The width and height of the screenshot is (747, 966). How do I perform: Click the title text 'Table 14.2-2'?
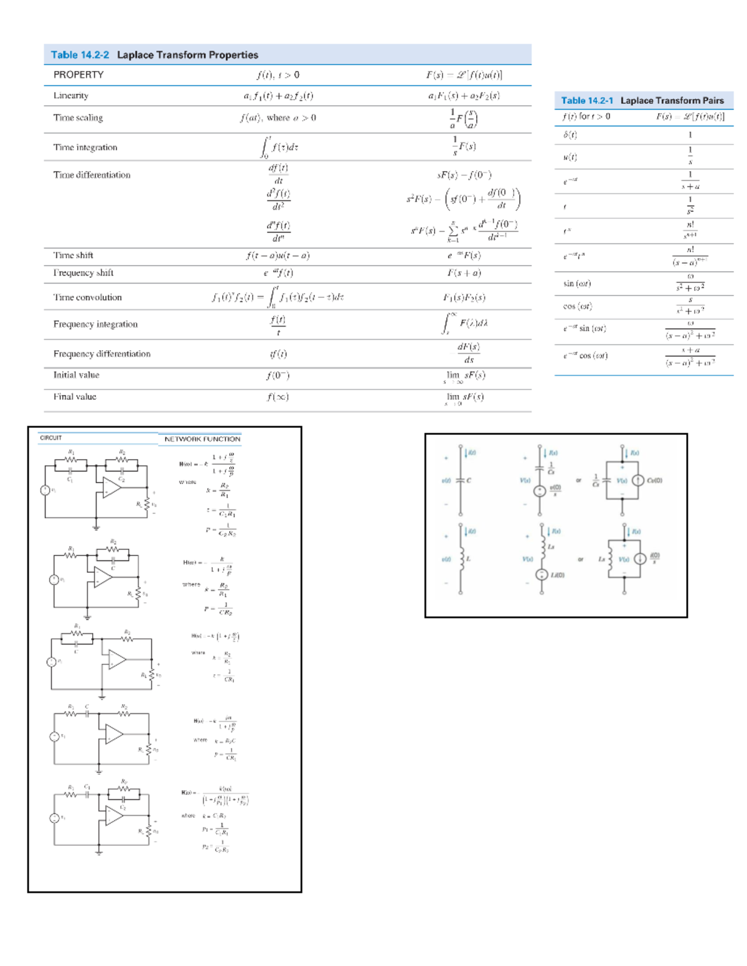(80, 55)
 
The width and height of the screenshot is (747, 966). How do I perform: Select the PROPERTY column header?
(78, 75)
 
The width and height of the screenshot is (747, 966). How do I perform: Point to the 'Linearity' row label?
(71, 96)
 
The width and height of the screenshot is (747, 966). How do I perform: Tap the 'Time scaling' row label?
(78, 118)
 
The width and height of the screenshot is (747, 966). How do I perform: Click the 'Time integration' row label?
(85, 147)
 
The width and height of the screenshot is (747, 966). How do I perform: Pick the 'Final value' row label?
(75, 397)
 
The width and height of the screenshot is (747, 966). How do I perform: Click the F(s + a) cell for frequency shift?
(464, 273)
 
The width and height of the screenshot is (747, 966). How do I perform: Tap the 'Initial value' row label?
(76, 375)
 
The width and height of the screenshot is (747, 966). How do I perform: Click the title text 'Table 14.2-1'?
(586, 101)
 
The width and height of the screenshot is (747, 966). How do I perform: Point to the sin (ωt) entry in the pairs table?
(577, 284)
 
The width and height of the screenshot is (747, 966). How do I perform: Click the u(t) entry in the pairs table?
(570, 157)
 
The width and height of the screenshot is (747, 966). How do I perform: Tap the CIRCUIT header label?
(51, 438)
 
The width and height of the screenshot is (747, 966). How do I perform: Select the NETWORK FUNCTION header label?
(202, 439)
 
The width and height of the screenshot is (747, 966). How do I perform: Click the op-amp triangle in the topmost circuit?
(112, 488)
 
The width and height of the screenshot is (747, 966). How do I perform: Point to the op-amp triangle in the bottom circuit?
(114, 815)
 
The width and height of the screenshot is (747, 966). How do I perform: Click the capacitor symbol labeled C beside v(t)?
(461, 481)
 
